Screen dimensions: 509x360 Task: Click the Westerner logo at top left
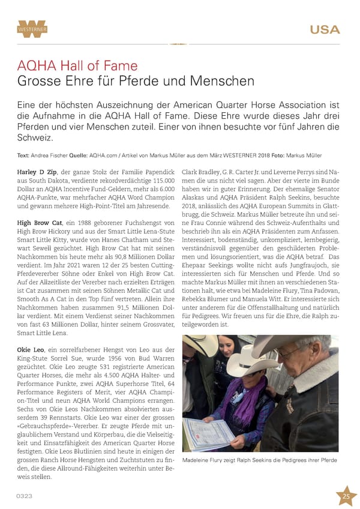point(32,29)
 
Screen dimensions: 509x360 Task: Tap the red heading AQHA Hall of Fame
point(77,65)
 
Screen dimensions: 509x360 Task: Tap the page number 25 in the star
point(346,496)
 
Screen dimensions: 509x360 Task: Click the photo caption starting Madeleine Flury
point(260,460)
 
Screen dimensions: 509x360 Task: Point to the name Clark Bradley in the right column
point(201,172)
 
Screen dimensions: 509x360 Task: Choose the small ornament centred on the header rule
point(179,44)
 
